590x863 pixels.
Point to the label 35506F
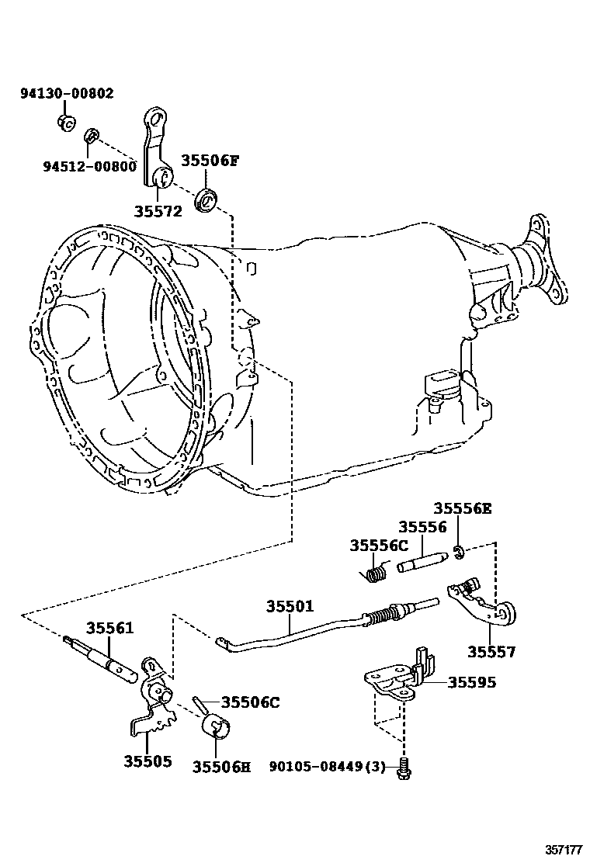210,161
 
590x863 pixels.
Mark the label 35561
109,628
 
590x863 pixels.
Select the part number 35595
471,683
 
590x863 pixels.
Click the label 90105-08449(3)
326,767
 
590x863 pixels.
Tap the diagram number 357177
560,847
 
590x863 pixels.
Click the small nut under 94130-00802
66,122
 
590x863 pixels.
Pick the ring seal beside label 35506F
208,199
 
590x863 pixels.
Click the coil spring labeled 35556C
375,574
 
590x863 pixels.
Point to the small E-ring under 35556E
459,553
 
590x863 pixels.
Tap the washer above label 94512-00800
91,137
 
